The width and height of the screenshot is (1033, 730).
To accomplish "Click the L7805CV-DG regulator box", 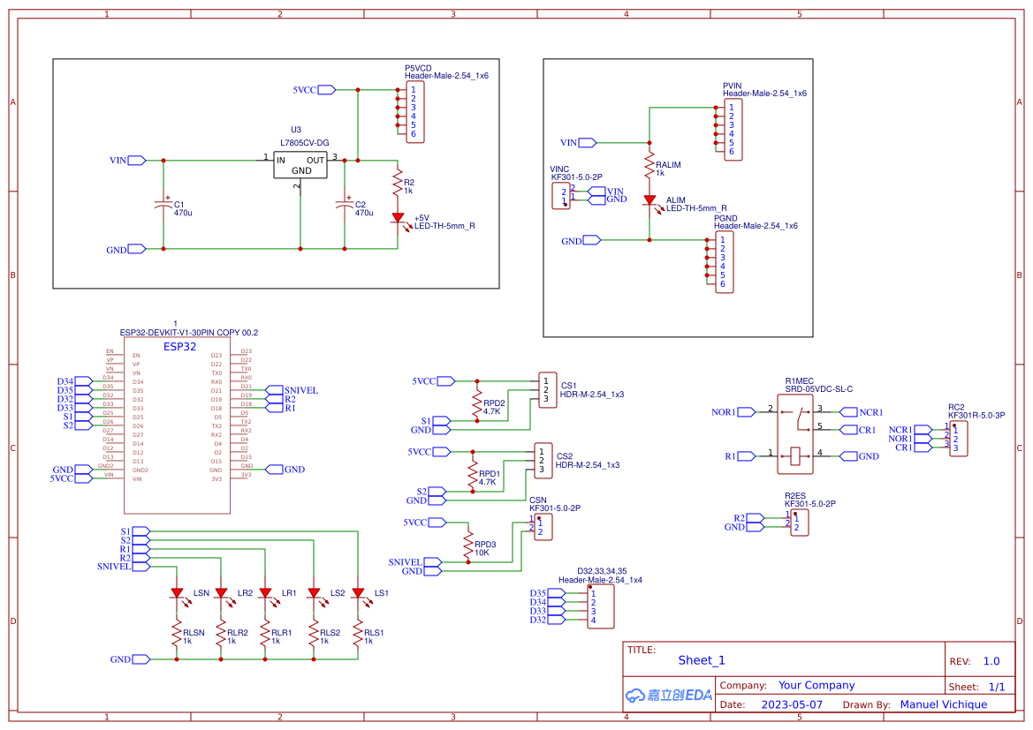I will pyautogui.click(x=301, y=164).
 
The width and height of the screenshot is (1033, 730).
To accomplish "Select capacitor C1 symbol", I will pyautogui.click(x=163, y=204).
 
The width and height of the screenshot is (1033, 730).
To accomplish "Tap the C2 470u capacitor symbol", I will pyautogui.click(x=345, y=204).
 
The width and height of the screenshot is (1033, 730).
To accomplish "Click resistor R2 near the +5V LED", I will pyautogui.click(x=398, y=184).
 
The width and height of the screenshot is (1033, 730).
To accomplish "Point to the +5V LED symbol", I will pyautogui.click(x=398, y=217).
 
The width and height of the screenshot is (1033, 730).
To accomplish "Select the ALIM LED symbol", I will pyautogui.click(x=649, y=201).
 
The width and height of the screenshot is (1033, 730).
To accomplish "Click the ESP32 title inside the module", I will pyautogui.click(x=180, y=347).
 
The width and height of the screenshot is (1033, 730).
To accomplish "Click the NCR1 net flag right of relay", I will pyautogui.click(x=870, y=412).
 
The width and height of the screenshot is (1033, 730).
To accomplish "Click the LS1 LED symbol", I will pyautogui.click(x=358, y=593).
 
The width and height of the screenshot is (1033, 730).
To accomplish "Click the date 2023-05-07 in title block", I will pyautogui.click(x=792, y=704).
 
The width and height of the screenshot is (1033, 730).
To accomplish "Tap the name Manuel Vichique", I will pyautogui.click(x=943, y=704).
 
